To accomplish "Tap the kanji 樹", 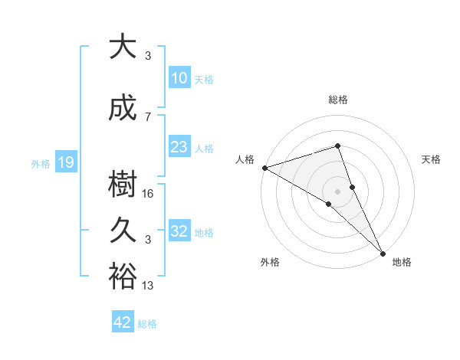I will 123,185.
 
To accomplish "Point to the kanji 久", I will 123,231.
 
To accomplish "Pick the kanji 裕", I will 123,277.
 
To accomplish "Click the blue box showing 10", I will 179,78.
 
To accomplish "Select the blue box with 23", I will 179,147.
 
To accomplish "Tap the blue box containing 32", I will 179,231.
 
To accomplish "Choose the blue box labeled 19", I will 65,162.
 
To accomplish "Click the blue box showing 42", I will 123,322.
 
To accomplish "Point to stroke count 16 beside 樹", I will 149,194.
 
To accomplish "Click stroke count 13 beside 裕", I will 149,286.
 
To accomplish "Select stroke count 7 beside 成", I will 148,116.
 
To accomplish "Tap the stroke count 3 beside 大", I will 148,56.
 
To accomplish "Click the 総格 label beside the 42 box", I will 147,324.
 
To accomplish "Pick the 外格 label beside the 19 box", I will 41,163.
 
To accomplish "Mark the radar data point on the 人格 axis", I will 264,167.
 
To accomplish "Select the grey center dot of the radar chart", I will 337,191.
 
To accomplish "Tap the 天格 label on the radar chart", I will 432,159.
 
